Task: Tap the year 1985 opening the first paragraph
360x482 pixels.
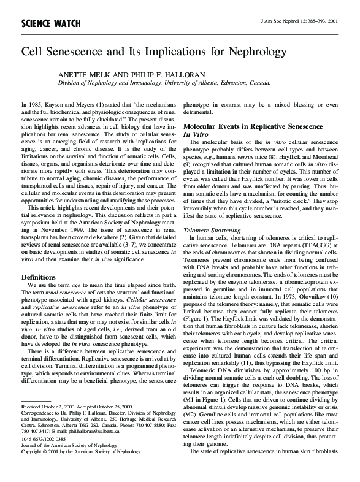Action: (x=33, y=105)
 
